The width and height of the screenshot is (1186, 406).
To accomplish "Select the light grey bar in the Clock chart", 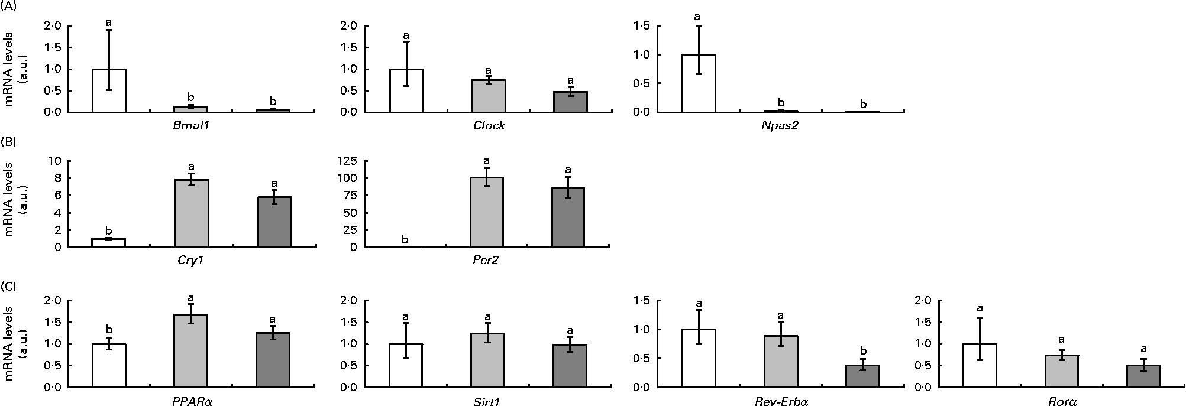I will (488, 96).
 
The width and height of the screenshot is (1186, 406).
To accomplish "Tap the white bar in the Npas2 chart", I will (699, 83).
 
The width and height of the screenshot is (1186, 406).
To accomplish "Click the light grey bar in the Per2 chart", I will (486, 212).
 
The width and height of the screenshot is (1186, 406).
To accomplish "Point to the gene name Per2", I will (486, 261).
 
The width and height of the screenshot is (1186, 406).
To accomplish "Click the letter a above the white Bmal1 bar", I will (109, 22).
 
